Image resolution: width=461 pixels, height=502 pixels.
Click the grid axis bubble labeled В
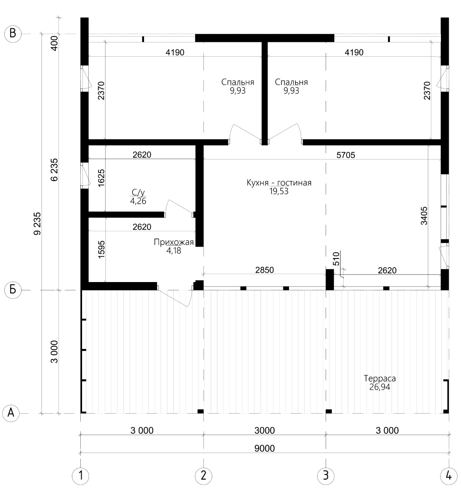pyautogui.click(x=13, y=34)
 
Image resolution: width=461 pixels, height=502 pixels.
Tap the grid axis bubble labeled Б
pyautogui.click(x=13, y=290)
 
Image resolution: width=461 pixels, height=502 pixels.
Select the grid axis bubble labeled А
pyautogui.click(x=11, y=413)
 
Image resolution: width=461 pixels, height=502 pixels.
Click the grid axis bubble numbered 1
pyautogui.click(x=81, y=475)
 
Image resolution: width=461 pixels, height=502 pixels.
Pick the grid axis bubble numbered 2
pyautogui.click(x=203, y=475)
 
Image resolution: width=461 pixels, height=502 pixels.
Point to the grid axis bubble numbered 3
pyautogui.click(x=326, y=475)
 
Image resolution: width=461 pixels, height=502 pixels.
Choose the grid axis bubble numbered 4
pyautogui.click(x=448, y=475)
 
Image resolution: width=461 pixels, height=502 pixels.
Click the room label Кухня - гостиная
pyautogui.click(x=279, y=183)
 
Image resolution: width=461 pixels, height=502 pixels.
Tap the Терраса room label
pyautogui.click(x=380, y=378)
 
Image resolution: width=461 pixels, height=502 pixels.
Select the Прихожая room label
pyautogui.click(x=174, y=242)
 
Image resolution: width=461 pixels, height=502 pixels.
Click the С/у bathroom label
pyautogui.click(x=138, y=192)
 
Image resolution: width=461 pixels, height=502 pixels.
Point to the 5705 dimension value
pyautogui.click(x=346, y=155)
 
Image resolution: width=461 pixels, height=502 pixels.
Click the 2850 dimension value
pyautogui.click(x=265, y=270)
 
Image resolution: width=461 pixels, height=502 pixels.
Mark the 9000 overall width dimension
pyautogui.click(x=265, y=449)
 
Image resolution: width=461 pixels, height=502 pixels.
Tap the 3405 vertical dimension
pyautogui.click(x=424, y=216)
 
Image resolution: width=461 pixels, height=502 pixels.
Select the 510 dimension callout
pyautogui.click(x=336, y=259)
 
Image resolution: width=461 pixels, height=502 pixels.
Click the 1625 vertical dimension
pyautogui.click(x=101, y=178)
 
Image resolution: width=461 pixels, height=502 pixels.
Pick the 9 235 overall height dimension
pyautogui.click(x=38, y=223)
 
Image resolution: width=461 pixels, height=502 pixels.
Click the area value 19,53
pyautogui.click(x=279, y=192)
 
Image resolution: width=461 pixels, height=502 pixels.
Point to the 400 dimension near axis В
pyautogui.click(x=55, y=43)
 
